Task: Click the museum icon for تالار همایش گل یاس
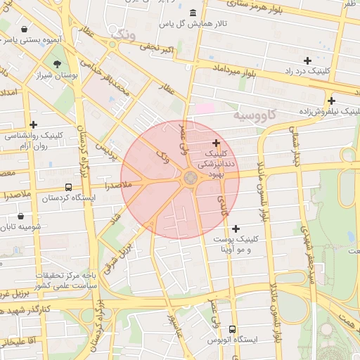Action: [193, 13]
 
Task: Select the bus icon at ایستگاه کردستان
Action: [68, 187]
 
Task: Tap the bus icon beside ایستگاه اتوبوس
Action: [232, 329]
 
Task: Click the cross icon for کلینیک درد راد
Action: [307, 60]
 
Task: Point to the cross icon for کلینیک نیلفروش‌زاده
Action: [330, 101]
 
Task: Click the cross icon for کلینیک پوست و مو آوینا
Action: [236, 229]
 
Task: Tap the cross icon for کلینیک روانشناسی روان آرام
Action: [33, 124]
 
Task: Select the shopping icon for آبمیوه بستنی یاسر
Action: [25, 30]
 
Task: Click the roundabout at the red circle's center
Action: [190, 179]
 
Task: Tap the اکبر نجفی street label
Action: [157, 48]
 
